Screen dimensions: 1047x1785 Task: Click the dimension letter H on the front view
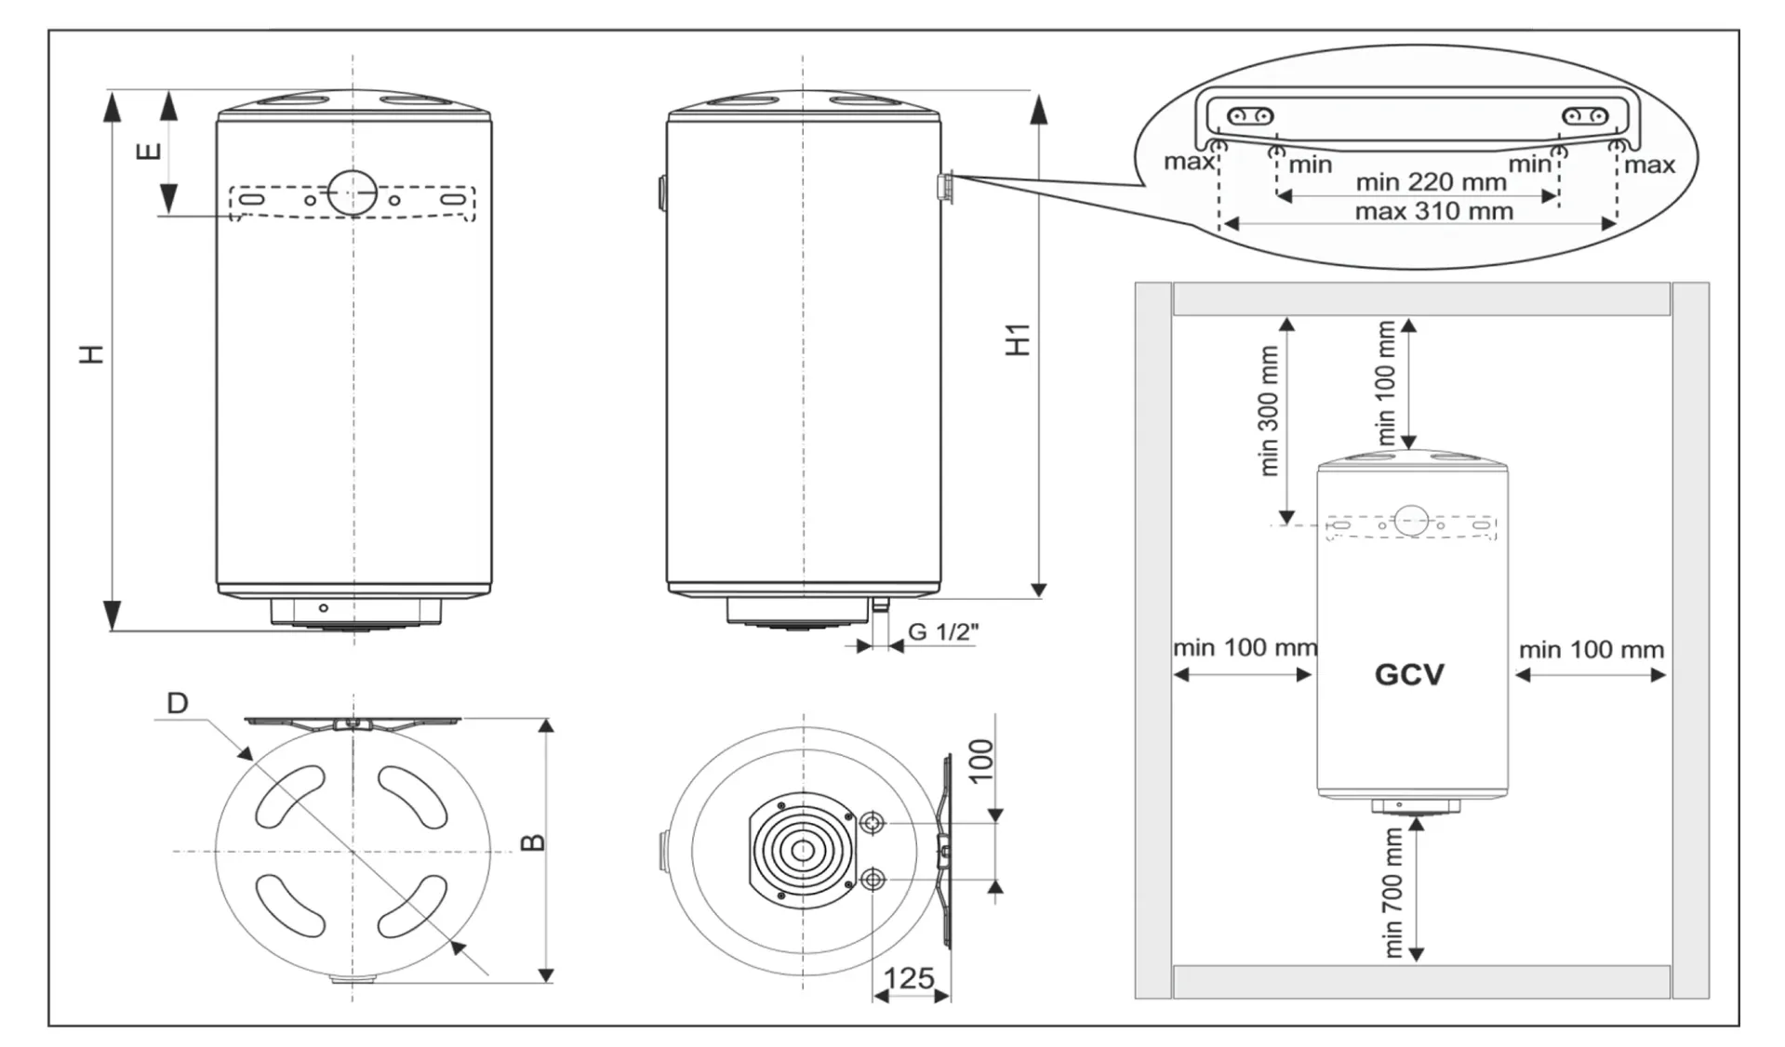pos(91,353)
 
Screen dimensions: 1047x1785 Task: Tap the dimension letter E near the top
pos(149,151)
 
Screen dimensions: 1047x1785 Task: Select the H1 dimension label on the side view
pos(1019,339)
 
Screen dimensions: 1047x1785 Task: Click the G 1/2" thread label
pos(943,632)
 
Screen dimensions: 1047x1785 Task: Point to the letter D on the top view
pos(177,703)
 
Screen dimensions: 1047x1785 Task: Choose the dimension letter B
pos(533,842)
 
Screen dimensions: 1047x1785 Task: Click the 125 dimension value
pos(909,978)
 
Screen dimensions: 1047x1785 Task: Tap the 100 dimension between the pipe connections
pos(981,762)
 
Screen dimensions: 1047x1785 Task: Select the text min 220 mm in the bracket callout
pos(1431,182)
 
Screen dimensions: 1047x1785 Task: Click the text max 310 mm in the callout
pos(1433,212)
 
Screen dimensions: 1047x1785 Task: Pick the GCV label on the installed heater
pos(1409,674)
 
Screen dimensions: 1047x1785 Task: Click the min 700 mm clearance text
pos(1392,892)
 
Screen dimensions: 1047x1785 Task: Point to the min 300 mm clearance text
pos(1269,410)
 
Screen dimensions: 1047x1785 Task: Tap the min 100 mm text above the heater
pos(1386,382)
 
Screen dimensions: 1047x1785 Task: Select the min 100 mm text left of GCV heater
pos(1245,648)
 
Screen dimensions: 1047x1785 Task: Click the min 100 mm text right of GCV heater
pos(1592,650)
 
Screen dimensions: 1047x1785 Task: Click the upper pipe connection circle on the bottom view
pos(873,823)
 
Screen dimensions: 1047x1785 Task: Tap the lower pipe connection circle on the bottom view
pos(873,879)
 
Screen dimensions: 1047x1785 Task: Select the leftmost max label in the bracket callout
pos(1188,162)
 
